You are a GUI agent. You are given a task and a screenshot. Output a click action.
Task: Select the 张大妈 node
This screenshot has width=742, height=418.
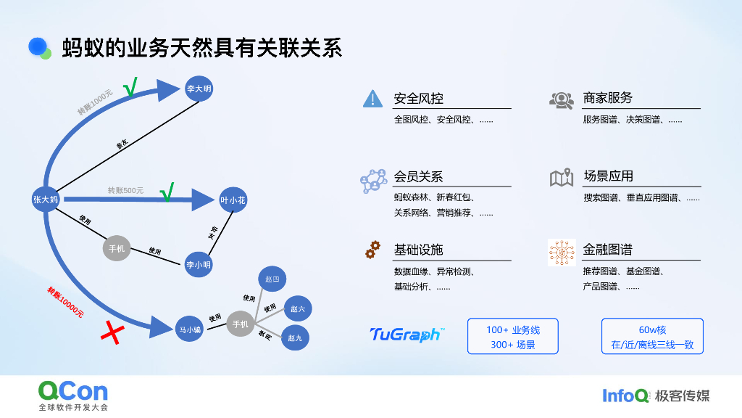click(46, 199)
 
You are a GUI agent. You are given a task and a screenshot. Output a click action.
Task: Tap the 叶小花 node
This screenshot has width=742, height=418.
click(233, 200)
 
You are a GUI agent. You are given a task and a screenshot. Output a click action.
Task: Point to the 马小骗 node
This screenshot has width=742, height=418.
click(189, 329)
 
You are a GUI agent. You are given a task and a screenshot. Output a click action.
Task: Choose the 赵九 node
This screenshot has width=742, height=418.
click(296, 337)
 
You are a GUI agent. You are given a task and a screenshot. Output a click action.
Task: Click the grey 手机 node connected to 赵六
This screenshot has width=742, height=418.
click(241, 324)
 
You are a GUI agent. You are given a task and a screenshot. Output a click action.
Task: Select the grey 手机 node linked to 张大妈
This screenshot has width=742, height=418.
click(117, 249)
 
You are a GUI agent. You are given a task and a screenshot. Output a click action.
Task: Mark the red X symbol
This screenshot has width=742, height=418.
click(112, 333)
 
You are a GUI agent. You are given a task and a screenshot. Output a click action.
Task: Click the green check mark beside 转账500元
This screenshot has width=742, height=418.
click(167, 192)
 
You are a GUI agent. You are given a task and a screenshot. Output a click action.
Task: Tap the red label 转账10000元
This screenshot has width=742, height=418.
click(66, 303)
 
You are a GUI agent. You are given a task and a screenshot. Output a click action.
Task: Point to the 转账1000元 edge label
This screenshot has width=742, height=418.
click(96, 102)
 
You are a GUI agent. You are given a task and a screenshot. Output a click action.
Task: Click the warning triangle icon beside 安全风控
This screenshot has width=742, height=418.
click(372, 99)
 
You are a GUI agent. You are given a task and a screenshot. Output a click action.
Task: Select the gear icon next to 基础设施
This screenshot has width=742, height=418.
click(372, 250)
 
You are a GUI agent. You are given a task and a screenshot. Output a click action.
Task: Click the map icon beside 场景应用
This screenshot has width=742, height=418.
click(562, 177)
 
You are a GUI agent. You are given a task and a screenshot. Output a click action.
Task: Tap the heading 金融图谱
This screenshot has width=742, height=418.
click(607, 250)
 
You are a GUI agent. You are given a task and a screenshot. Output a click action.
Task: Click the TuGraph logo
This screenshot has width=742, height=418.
click(407, 334)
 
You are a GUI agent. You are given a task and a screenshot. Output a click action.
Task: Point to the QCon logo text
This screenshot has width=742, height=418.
click(73, 391)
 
